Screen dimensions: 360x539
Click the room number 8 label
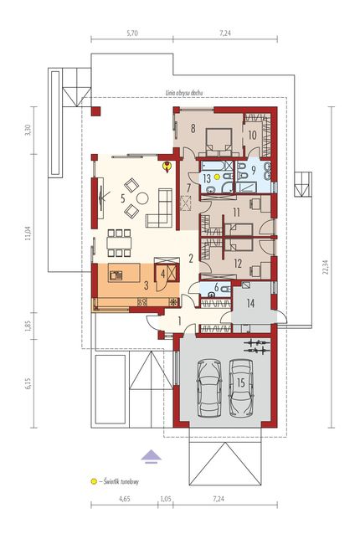pos(193,128)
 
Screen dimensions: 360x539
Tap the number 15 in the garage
pos(241,382)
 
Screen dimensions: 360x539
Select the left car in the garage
pos(208,388)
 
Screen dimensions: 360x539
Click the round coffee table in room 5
pos(142,198)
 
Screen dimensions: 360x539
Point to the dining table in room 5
pos(119,243)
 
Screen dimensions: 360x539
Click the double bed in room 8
pos(218,142)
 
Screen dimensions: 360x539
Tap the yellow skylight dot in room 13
pos(217,177)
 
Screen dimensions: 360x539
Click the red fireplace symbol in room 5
pos(167,167)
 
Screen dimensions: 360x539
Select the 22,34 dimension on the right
pos(326,267)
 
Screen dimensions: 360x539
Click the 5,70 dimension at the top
pos(132,33)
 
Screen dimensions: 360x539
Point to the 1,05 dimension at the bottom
pos(166,499)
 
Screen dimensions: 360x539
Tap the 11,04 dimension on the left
pos(28,234)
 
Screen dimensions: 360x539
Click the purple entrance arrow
pos(152,456)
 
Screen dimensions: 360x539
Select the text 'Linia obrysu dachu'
pos(184,93)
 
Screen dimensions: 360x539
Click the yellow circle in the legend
pos(93,481)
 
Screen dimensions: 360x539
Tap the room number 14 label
pos(250,303)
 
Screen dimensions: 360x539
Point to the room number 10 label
pos(252,135)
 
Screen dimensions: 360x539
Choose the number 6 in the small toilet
pos(216,287)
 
